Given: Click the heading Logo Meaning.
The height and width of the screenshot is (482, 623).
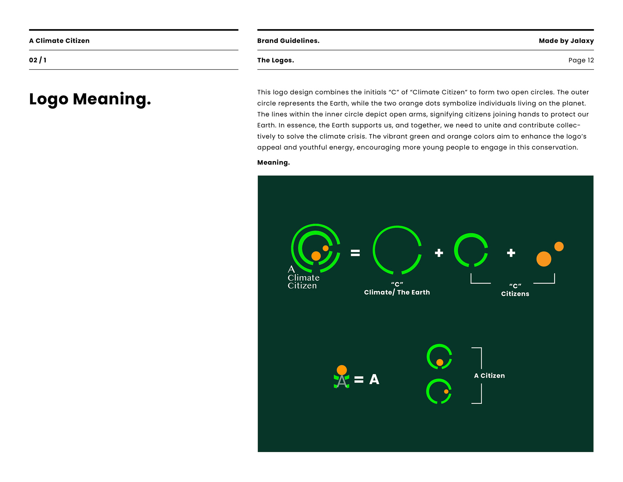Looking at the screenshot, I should coord(90,99).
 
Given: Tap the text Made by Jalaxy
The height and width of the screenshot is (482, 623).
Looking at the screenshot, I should coord(566,41).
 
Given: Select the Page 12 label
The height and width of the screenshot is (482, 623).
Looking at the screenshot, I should coord(581,60).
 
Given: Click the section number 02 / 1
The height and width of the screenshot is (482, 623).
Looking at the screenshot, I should coord(38,60).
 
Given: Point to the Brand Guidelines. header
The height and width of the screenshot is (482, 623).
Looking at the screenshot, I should coord(288,41).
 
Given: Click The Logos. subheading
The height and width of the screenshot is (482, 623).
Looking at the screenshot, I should coord(275,60).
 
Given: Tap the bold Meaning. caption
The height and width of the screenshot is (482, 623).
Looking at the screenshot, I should coord(273,162).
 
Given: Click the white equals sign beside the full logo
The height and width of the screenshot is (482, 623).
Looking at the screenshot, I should coord(355,253).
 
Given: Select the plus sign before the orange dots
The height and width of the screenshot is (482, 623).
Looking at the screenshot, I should coord(511,253).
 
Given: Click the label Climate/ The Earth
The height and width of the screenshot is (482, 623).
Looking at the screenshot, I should coord(397,292).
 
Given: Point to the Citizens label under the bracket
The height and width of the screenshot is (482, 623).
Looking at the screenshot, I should coord(515,294).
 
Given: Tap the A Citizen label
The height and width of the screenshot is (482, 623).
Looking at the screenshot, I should coord(489,376).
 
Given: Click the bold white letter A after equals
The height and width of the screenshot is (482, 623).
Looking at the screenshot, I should coord(374,379).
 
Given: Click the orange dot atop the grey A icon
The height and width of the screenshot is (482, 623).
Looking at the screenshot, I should coord(342,370).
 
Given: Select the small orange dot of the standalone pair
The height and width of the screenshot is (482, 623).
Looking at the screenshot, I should coord(559,247).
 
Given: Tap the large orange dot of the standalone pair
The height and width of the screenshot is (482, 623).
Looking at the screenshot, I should coord(544,259).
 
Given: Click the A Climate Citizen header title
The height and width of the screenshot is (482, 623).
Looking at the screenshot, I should coord(59,41).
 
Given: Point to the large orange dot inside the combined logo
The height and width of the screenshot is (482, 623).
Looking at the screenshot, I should coord(316,256).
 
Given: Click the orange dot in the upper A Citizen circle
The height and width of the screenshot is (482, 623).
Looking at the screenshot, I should coord(440,362).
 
